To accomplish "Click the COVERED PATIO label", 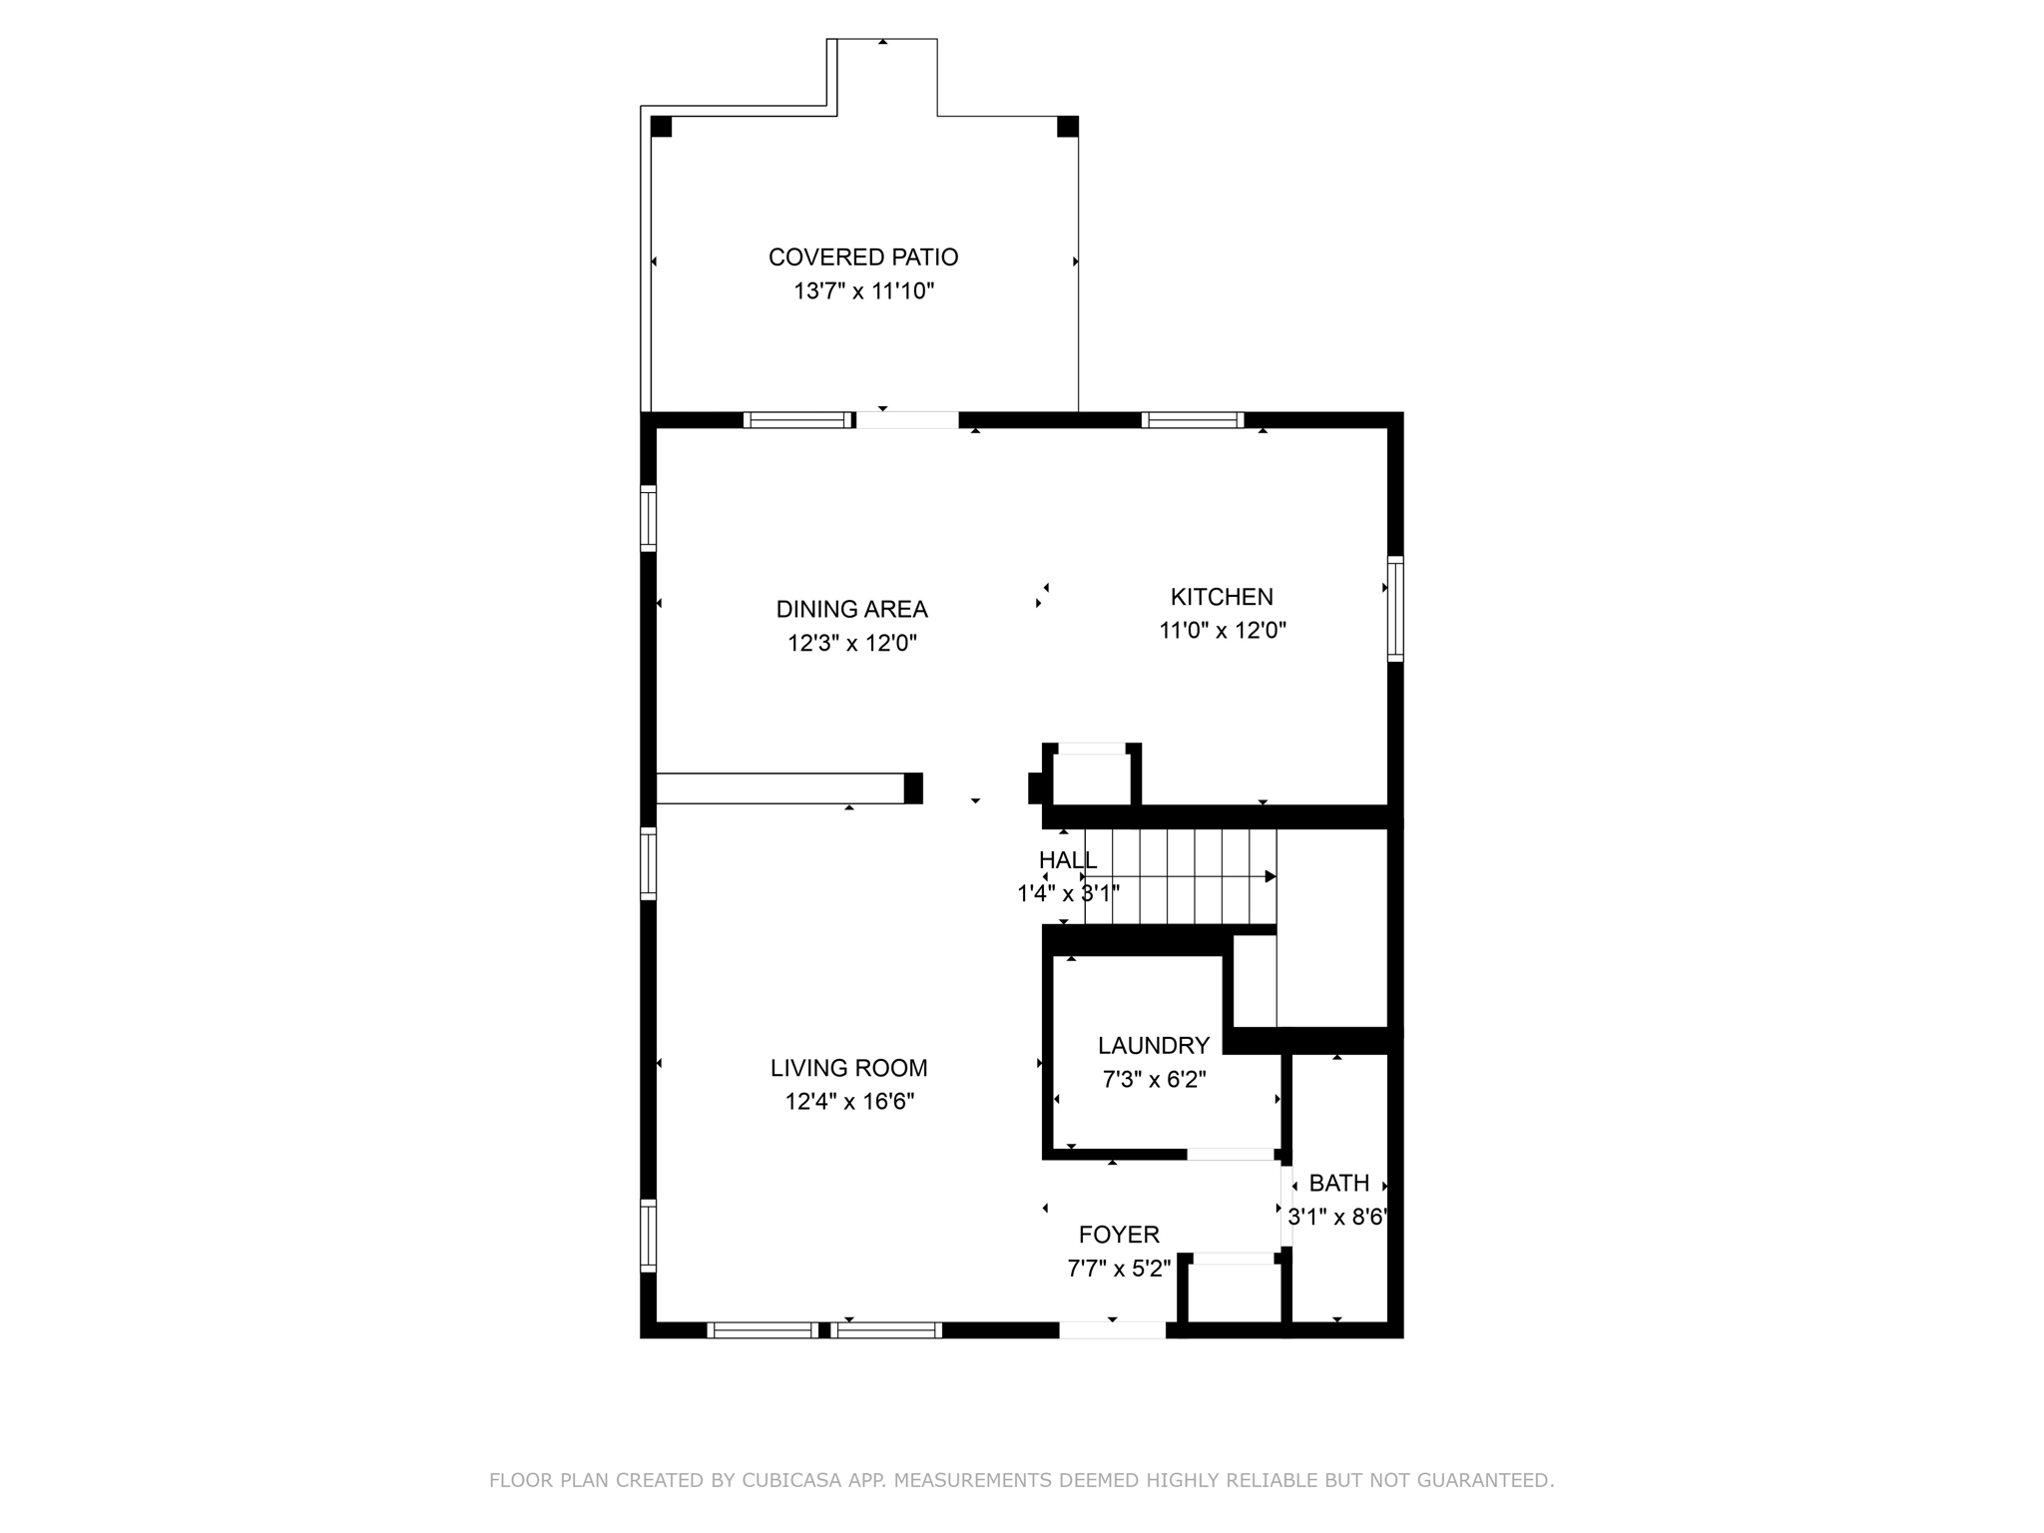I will tap(863, 257).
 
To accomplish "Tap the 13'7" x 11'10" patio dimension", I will tap(863, 291).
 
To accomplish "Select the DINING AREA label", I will tap(851, 609).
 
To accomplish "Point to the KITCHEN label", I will tap(1222, 597).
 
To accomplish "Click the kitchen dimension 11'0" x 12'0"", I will tap(1222, 631).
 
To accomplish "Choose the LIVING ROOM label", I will tap(848, 1068).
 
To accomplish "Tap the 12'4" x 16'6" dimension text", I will tap(848, 1102).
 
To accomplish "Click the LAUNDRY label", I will tap(1154, 1045).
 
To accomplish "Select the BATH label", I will tap(1338, 1183).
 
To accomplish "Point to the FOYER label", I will tap(1119, 1235).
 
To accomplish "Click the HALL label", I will tap(1067, 860).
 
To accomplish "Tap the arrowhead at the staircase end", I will tap(1271, 876).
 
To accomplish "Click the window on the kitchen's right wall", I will tap(1395, 608).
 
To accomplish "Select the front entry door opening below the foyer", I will tap(1112, 1329).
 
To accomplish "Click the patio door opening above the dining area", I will tap(907, 420).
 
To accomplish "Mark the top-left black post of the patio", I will tap(661, 127).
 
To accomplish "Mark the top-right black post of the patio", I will tap(1067, 127).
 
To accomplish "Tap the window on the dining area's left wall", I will tap(648, 517).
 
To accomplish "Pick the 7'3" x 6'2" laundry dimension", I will tap(1154, 1080).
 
